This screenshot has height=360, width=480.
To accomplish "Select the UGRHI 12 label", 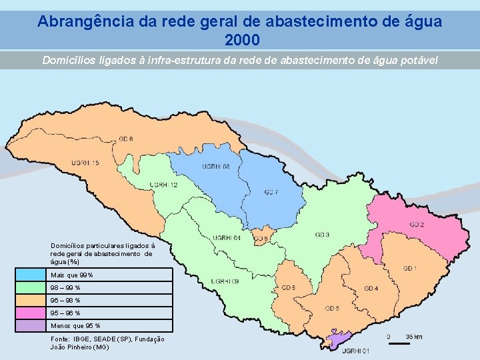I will point(163,185).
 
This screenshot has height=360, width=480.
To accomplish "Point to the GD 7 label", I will point(271,193).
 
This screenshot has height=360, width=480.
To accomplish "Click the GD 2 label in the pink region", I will point(417,225).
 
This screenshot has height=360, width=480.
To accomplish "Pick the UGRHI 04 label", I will point(226,237).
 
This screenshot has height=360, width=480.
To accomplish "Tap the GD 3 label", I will point(322,235).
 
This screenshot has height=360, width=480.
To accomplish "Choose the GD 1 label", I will point(410,268).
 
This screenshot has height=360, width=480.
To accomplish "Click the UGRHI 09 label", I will point(225,281).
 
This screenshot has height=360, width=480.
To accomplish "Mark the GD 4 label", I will point(371,288).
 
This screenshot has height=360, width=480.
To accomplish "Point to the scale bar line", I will point(398,344).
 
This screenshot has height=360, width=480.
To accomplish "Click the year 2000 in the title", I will point(239,40).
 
